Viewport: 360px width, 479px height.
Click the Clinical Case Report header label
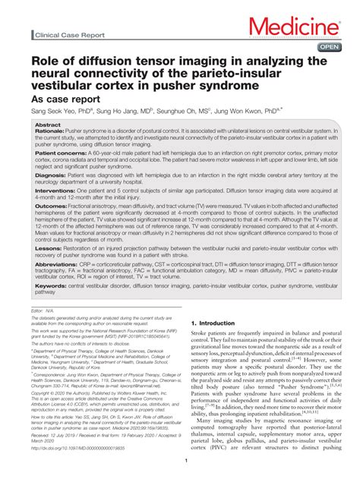point(66,35)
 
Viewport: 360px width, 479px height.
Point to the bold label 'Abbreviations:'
point(57,290)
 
